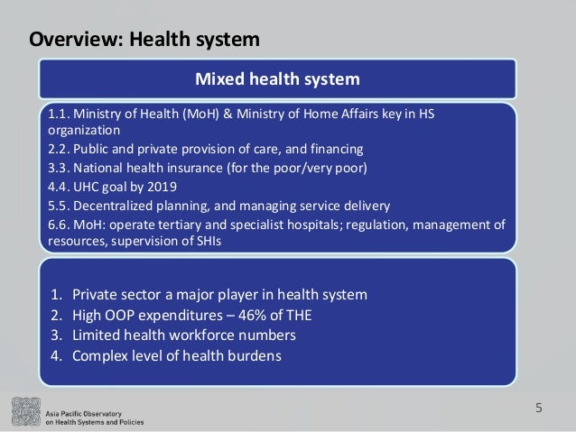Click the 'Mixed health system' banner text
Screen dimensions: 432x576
coord(278,78)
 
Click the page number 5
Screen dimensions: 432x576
coord(539,408)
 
